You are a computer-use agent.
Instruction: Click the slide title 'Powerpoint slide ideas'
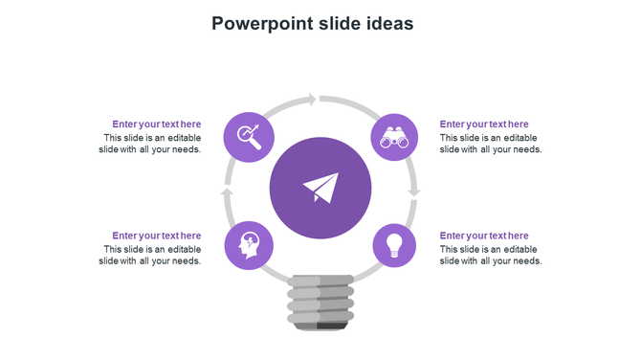[x=313, y=23]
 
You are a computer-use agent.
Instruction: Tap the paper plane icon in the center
[x=320, y=188]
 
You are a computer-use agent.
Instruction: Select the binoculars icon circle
[x=394, y=137]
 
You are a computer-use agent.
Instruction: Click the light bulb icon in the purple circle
[x=394, y=245]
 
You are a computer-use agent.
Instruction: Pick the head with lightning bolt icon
[x=248, y=245]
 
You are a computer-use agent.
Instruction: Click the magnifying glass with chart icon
[x=249, y=137]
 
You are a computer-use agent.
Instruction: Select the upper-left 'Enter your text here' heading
[x=157, y=124]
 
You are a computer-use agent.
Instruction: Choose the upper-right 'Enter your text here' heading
[x=484, y=124]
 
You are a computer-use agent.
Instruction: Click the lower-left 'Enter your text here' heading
[x=157, y=236]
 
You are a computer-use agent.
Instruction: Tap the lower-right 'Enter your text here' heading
[x=484, y=236]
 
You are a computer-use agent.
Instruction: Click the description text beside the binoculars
[x=491, y=144]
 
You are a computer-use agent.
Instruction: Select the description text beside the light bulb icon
[x=491, y=255]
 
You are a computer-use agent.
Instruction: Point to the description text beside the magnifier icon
[x=150, y=144]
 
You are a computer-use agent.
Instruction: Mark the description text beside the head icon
[x=150, y=255]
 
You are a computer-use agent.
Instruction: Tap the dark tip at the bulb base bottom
[x=331, y=326]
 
